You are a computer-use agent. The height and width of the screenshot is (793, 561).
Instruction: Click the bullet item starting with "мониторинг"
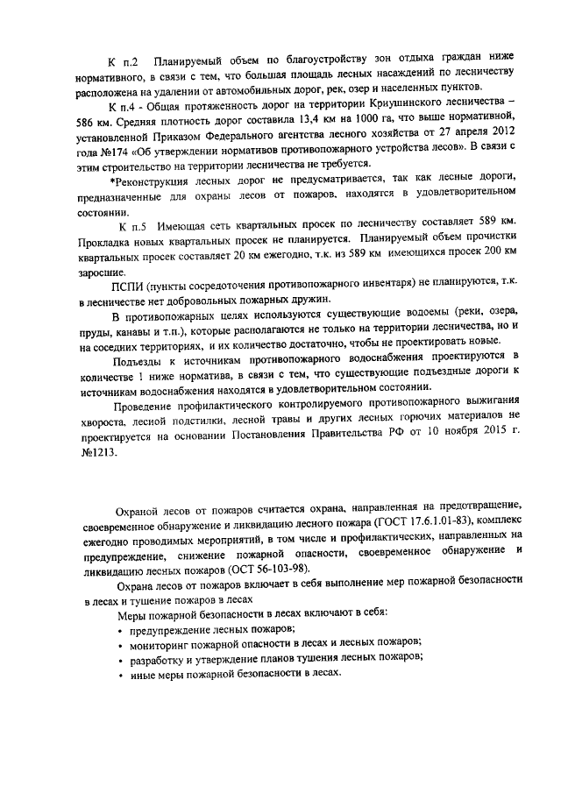click(275, 641)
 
